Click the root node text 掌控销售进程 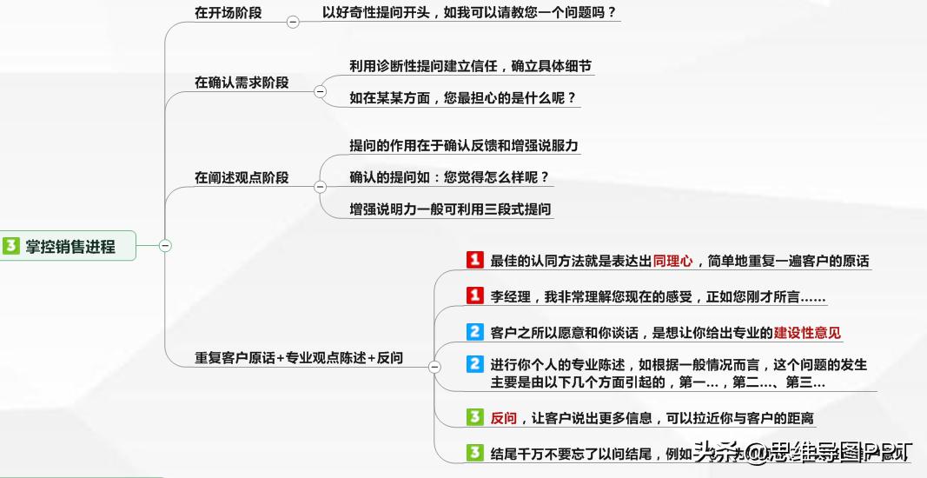coord(70,246)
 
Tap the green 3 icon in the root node coord(11,246)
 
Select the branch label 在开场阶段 coord(228,13)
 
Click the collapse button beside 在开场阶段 coord(293,23)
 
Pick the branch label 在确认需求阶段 coord(242,83)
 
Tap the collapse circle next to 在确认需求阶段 coord(320,91)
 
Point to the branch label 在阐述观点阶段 coord(242,177)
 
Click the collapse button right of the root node coord(165,246)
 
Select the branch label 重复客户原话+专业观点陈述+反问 coord(299,357)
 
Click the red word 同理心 coord(672,261)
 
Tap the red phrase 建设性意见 coord(807,333)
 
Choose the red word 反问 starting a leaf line coord(504,418)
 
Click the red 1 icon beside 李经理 coord(474,296)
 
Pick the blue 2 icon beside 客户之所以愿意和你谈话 coord(474,332)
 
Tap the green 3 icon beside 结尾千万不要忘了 coord(474,453)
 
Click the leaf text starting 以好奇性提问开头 coord(468,13)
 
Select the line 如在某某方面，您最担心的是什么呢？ coord(463,98)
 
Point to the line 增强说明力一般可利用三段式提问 coord(450,209)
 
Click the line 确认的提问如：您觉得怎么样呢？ coord(449,177)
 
